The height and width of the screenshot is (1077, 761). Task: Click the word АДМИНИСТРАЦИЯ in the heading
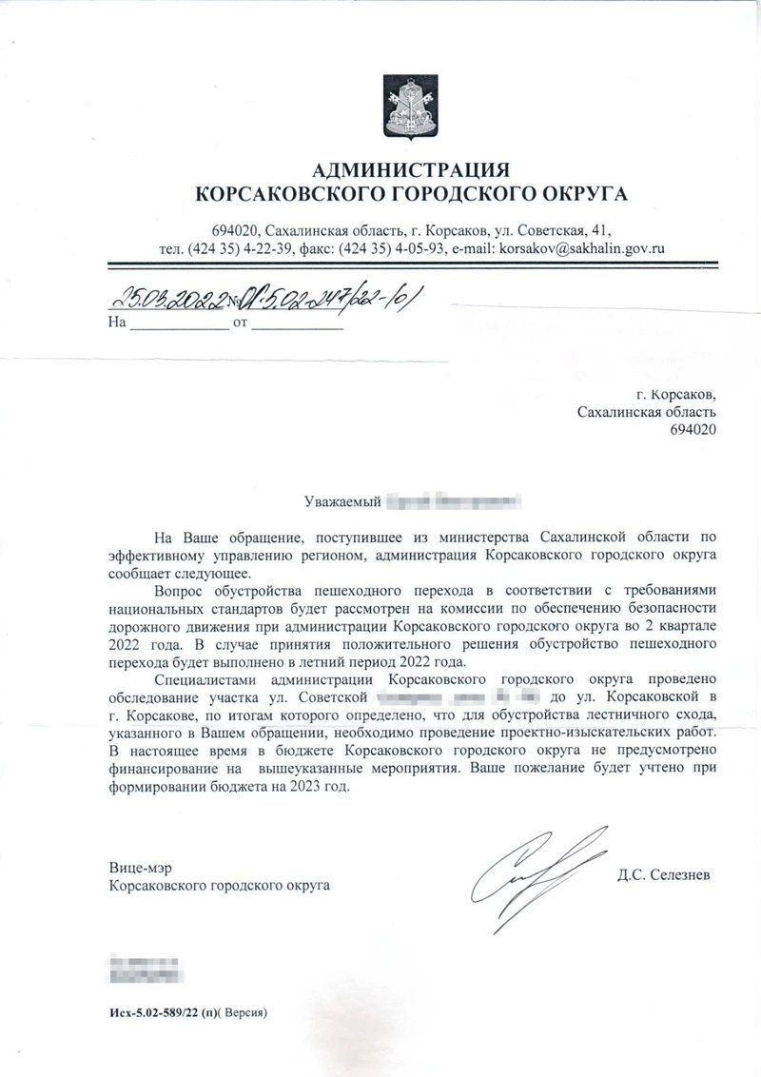click(x=411, y=171)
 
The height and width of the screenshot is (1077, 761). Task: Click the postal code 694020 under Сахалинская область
click(x=693, y=429)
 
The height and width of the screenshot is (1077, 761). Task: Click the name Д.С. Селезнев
click(x=663, y=872)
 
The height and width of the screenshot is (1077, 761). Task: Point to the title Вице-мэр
click(x=137, y=868)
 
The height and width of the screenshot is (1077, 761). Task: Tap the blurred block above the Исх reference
click(x=144, y=965)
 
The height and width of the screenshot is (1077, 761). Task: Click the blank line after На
click(x=178, y=323)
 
